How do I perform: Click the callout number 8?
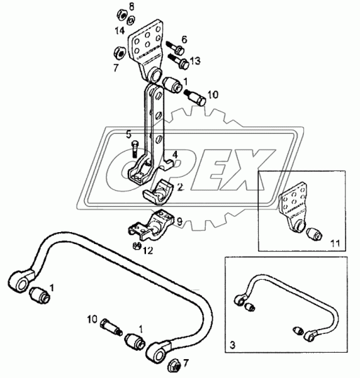[x=131, y=7]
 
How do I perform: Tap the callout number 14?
[x=120, y=31]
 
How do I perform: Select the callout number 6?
[x=185, y=39]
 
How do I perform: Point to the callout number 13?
[x=195, y=61]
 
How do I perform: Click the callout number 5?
[x=129, y=135]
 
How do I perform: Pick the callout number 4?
[x=175, y=155]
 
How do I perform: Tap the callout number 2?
[x=180, y=187]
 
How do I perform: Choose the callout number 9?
[x=180, y=222]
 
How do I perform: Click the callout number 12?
[x=148, y=251]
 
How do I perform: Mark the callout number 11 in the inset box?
[x=335, y=243]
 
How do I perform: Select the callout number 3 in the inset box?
[x=232, y=345]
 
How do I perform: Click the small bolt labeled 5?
[x=135, y=149]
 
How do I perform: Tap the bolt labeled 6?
[x=175, y=48]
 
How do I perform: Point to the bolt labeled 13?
[x=179, y=62]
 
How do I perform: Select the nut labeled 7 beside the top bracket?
[x=119, y=52]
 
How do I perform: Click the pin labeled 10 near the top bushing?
[x=194, y=97]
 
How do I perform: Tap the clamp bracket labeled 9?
[x=152, y=225]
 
